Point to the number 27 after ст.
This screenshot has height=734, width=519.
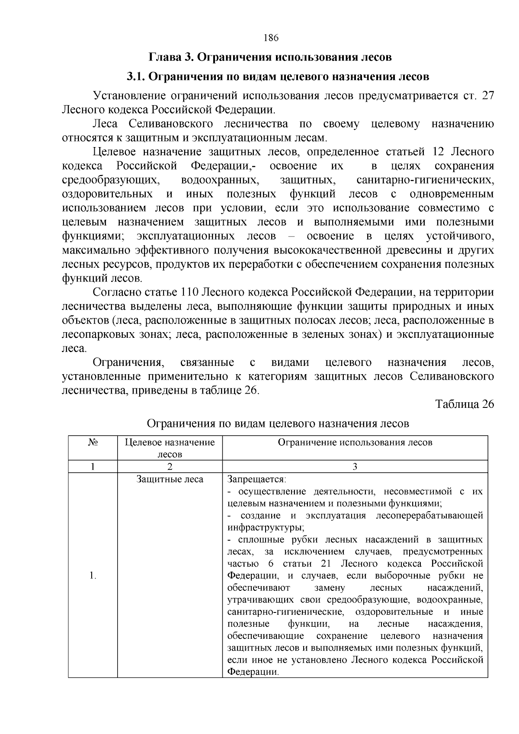(487, 96)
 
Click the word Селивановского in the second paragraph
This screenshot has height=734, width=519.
(171, 124)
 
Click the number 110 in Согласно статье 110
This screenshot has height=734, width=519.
(188, 292)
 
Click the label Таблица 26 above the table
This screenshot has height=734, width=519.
(464, 404)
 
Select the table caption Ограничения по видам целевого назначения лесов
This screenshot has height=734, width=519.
(278, 423)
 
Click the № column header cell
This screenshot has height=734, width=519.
(93, 442)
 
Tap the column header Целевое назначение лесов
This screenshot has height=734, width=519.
(170, 448)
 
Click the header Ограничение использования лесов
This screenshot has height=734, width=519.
(355, 442)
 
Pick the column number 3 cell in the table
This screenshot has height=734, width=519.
(355, 467)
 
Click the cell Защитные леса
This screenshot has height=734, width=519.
(170, 479)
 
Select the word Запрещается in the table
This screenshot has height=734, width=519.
(256, 479)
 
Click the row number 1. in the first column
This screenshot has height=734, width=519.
(93, 575)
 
